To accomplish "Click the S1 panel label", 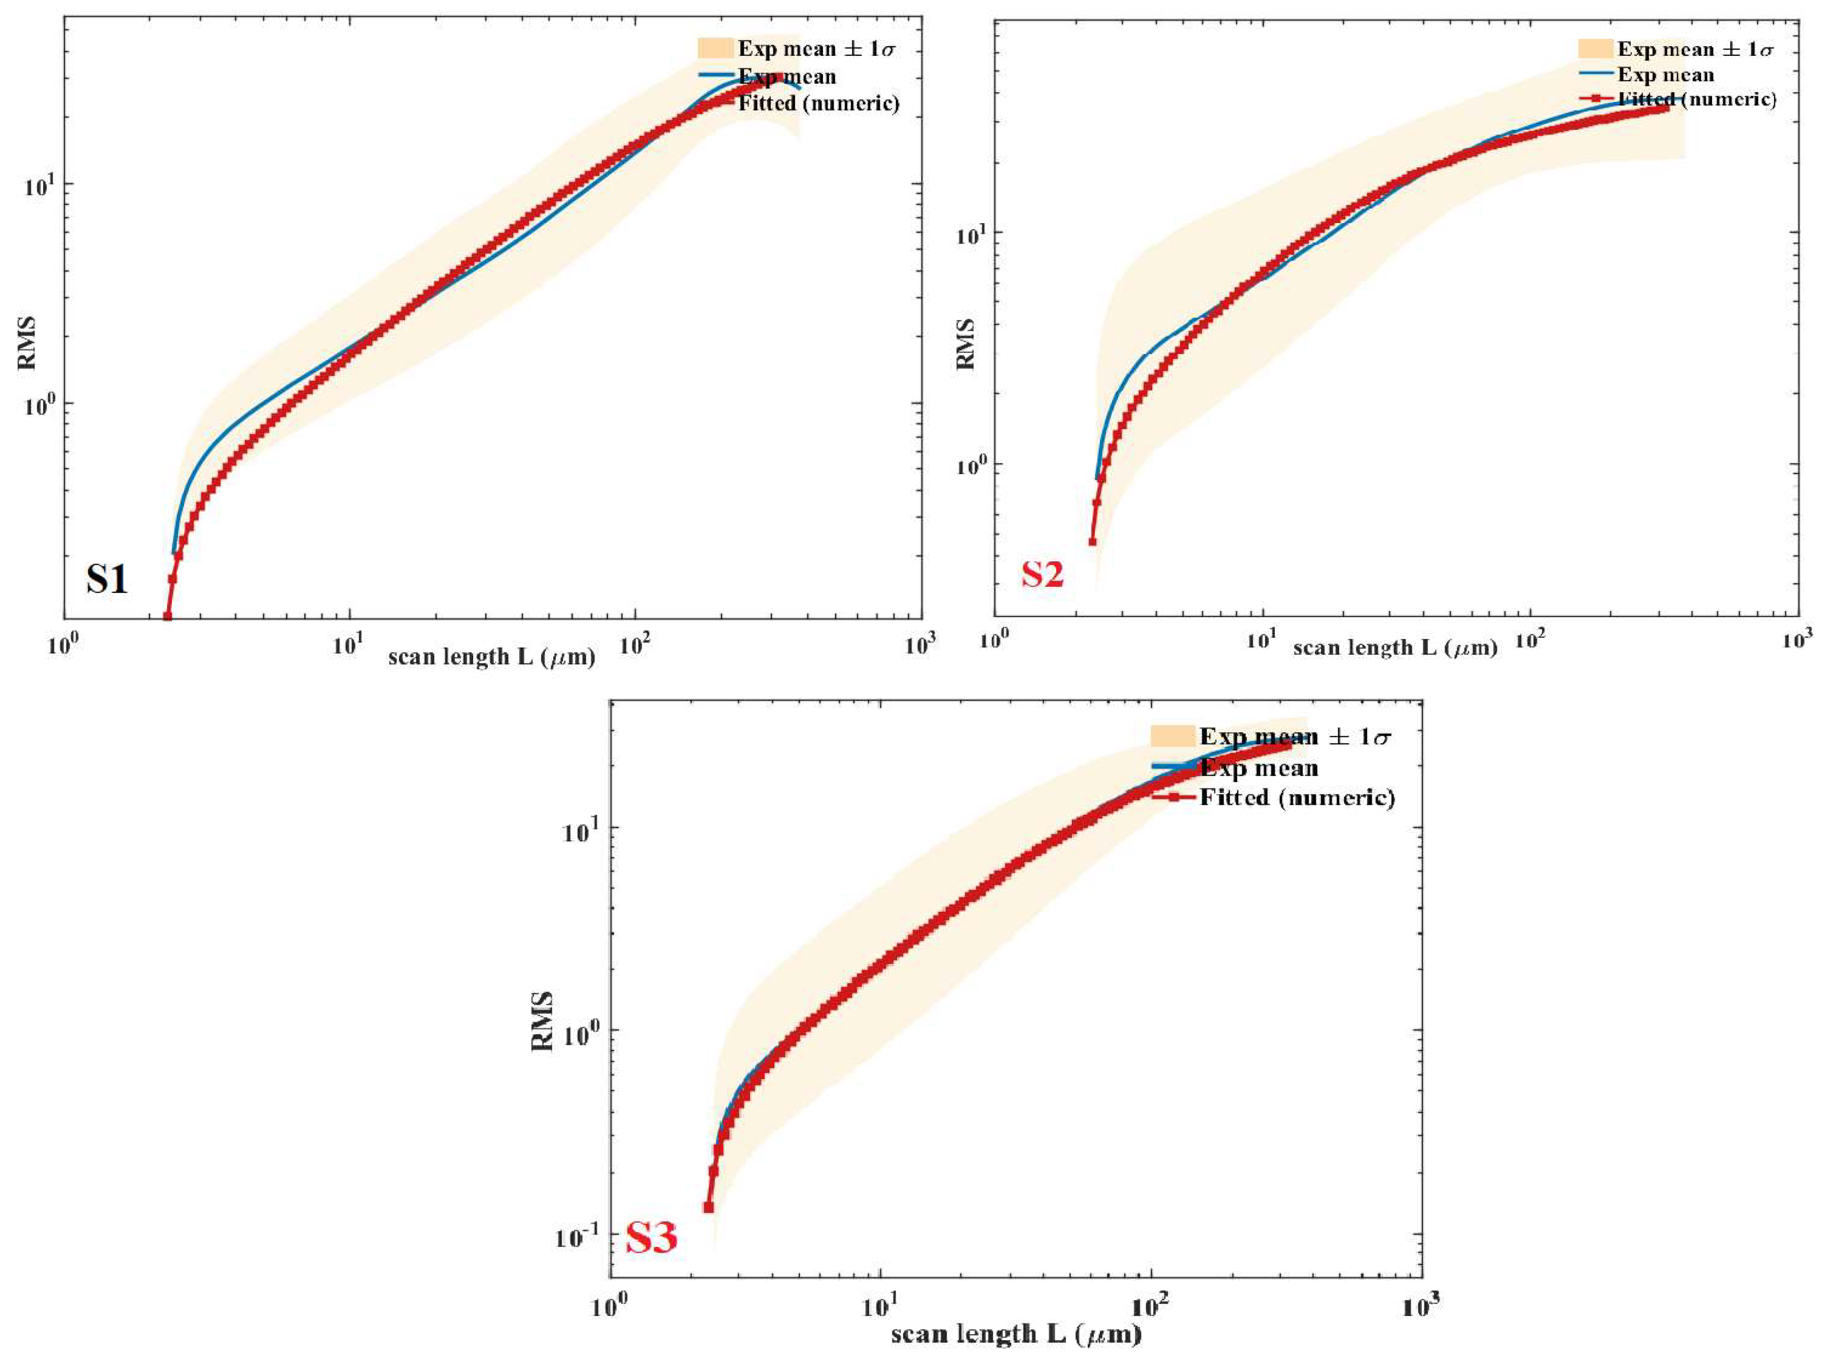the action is click(x=107, y=579).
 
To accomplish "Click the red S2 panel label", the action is click(x=1043, y=574).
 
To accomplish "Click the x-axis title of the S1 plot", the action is click(x=492, y=657).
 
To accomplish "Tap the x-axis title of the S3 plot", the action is click(x=1017, y=1334).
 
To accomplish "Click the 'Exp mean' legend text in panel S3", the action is click(x=1259, y=768).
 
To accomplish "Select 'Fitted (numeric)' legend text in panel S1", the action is click(x=818, y=103).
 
